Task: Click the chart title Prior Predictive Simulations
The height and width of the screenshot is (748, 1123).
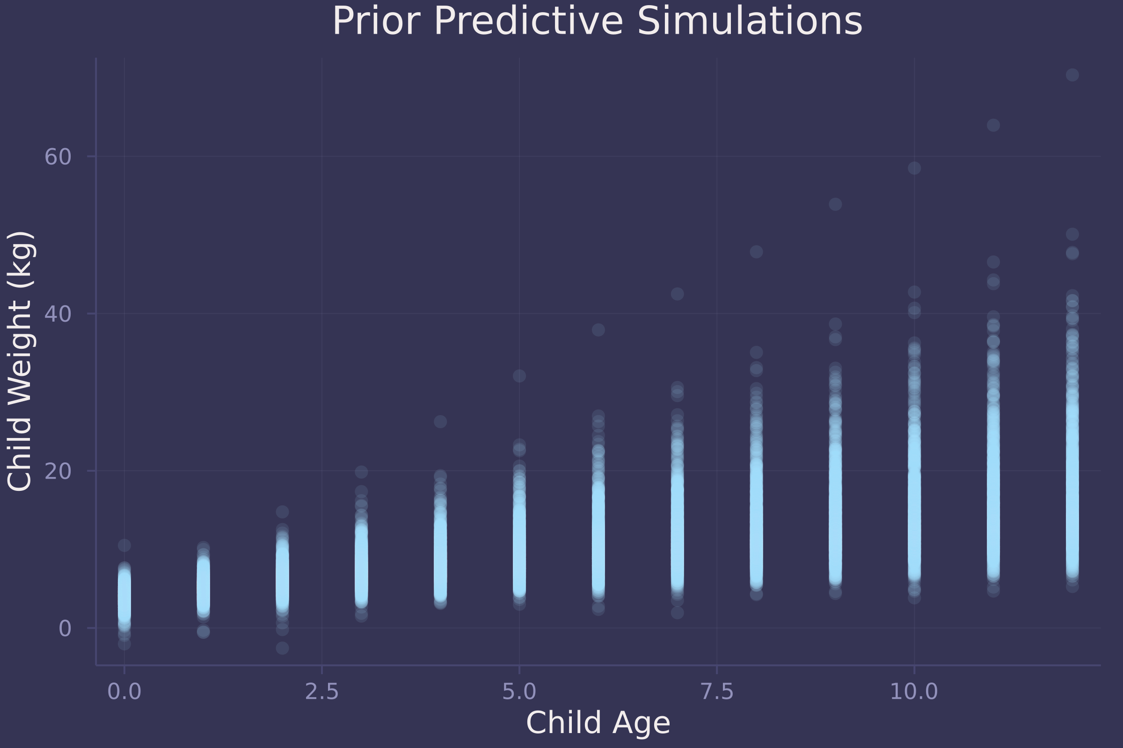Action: pos(598,22)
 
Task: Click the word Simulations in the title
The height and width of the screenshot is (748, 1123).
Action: pos(750,22)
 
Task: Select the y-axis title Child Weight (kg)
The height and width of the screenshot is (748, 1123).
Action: pos(20,361)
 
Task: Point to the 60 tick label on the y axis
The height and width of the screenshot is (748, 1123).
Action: pos(58,157)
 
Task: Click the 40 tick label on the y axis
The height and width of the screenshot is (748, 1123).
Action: pos(58,314)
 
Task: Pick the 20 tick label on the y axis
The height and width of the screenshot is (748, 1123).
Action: pos(58,471)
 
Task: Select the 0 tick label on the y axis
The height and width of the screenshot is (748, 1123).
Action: pos(65,629)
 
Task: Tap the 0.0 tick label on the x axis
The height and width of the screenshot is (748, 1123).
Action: pos(124,692)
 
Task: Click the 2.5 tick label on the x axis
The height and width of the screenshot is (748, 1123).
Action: pos(322,692)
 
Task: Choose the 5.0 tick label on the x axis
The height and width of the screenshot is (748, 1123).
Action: pos(519,692)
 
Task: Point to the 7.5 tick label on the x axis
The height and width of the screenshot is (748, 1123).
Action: pos(717,692)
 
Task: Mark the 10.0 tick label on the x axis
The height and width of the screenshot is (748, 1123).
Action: pos(914,692)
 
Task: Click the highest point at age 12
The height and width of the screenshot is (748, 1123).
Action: pos(1072,75)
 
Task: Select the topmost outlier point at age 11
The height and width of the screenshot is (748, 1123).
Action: pos(993,125)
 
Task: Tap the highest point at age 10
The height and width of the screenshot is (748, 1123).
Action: pos(914,168)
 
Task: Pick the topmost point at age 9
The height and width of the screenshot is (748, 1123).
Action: pos(835,204)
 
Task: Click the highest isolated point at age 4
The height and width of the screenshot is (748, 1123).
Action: pos(440,421)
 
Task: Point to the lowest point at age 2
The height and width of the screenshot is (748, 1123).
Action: pos(282,648)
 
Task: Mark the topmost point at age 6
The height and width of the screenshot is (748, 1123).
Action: pos(598,330)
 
